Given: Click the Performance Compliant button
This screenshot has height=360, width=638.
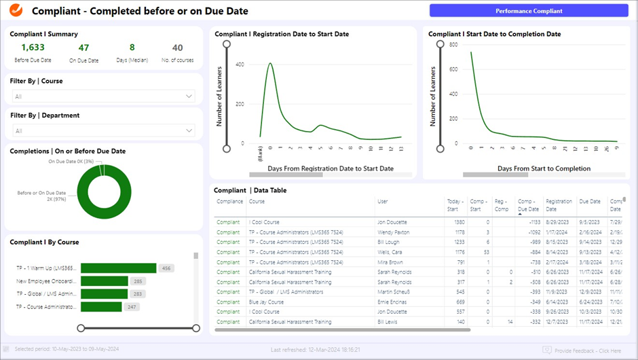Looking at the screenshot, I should [x=529, y=11].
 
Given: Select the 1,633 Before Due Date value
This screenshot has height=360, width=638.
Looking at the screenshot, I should [x=33, y=48].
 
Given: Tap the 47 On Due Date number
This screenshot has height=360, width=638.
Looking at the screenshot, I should [x=83, y=48].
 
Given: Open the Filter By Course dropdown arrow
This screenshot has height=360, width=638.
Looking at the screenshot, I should [x=189, y=96].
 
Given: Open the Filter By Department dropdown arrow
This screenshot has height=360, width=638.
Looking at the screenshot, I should [x=189, y=130].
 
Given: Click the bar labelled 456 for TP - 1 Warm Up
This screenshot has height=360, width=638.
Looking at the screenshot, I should [x=118, y=268].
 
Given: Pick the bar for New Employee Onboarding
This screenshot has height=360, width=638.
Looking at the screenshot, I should [x=105, y=281].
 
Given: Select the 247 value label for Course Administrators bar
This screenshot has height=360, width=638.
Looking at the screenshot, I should [x=132, y=307].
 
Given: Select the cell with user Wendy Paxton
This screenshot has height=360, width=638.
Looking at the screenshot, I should [x=394, y=232].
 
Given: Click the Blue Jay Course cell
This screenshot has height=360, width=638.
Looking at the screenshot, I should [x=266, y=302].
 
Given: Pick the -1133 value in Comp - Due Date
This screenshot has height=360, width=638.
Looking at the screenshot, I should [x=530, y=222].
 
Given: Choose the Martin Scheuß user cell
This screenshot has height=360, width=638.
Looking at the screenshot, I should [x=395, y=292].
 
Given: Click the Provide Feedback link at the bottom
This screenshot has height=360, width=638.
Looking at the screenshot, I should [x=586, y=350].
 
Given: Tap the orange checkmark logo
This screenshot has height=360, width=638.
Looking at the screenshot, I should [x=17, y=11].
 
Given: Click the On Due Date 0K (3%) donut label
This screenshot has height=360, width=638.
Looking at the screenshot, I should [x=71, y=162].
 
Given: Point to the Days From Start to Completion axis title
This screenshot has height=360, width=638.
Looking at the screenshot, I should [x=544, y=168].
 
